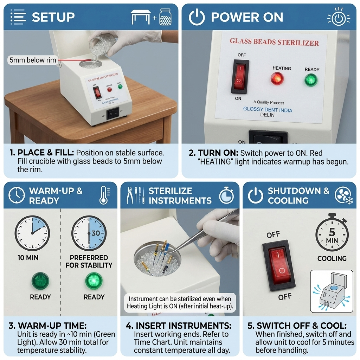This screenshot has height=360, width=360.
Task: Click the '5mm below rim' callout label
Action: point(33,60)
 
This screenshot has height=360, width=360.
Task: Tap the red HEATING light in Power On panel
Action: point(277,78)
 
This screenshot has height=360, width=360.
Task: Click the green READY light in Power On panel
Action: point(311,80)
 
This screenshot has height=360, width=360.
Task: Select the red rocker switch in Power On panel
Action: point(240,76)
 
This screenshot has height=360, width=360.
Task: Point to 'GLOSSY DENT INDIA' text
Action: point(268,109)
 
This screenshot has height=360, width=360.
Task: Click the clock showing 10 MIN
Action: point(32,233)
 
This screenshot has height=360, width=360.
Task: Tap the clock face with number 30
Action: point(89,233)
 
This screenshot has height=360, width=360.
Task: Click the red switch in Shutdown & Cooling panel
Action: point(280,265)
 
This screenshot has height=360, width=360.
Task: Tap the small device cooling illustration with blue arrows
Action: point(331,291)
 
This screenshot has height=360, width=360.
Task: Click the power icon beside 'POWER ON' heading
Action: point(197,17)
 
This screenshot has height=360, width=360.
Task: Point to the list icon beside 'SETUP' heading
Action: point(17,17)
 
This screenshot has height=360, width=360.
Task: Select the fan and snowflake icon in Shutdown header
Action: point(343,195)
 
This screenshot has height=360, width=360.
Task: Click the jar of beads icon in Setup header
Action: point(165,17)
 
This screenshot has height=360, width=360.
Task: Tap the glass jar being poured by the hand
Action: point(103,44)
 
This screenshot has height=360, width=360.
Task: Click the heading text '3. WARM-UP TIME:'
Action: point(47,326)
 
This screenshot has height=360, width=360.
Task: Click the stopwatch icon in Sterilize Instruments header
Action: point(226,195)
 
